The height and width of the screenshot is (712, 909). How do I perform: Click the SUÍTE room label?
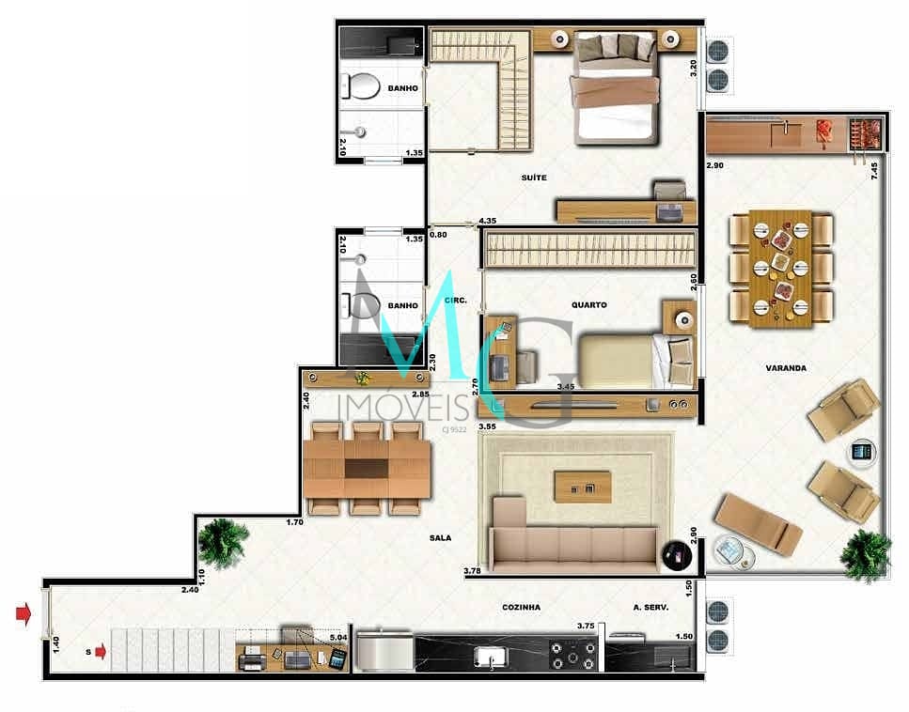pos(534,178)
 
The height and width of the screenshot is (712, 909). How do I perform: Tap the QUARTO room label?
pos(588,304)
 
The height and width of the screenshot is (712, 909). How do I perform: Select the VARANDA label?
pos(786,368)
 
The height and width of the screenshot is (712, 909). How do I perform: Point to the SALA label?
pos(439,538)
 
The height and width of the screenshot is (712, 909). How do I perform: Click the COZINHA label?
pos(521,608)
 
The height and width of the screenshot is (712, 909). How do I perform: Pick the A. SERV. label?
pos(650,608)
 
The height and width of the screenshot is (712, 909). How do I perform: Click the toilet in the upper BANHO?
pos(358,88)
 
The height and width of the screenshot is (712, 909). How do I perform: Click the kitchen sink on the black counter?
pos(490,654)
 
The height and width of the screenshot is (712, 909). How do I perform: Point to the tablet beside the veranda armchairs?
pos(861,452)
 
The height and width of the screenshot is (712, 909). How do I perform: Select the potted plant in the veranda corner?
pos(865,554)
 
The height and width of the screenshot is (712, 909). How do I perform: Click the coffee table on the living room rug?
pos(583,487)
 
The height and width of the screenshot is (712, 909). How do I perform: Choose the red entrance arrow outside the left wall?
pos(24,615)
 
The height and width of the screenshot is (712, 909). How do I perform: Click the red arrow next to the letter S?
pos(101,651)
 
